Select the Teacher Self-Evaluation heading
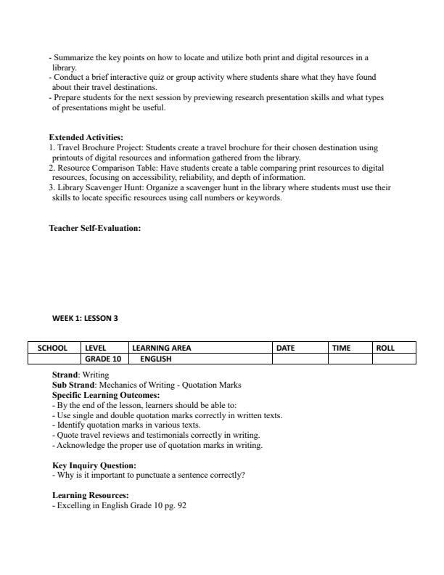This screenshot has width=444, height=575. (x=94, y=228)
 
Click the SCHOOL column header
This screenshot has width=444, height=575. (x=53, y=348)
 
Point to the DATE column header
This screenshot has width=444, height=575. (x=286, y=348)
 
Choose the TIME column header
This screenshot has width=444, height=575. (x=341, y=348)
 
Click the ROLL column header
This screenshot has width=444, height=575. (x=385, y=348)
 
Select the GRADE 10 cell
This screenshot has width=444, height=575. (x=102, y=359)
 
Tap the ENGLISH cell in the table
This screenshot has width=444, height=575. (x=156, y=359)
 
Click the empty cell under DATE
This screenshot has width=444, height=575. (x=300, y=359)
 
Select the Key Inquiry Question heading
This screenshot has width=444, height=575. (x=94, y=465)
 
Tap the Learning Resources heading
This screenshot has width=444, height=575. (x=90, y=495)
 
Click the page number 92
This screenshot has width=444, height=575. (x=181, y=505)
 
